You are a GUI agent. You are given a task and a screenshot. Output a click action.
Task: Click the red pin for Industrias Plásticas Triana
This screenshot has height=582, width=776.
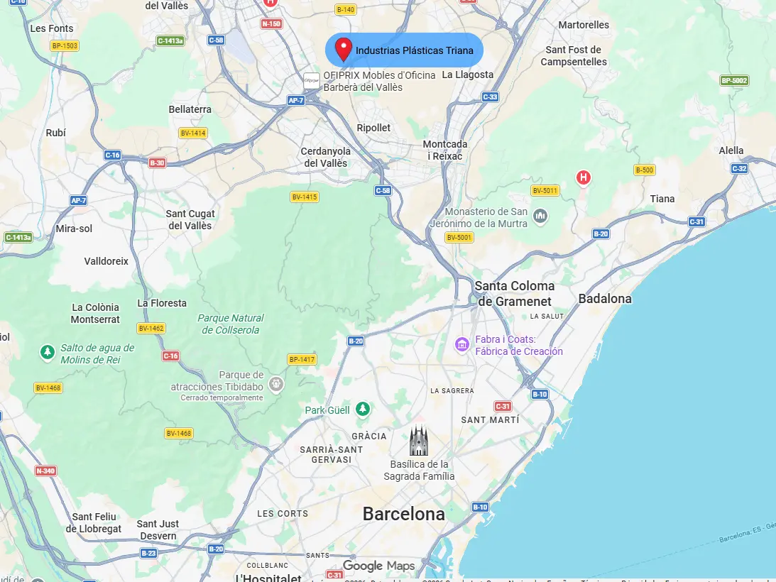click(x=344, y=48)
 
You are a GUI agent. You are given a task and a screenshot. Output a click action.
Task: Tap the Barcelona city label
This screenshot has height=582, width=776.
click(x=403, y=514)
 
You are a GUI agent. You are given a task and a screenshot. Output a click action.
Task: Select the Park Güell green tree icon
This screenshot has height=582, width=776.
click(x=363, y=410)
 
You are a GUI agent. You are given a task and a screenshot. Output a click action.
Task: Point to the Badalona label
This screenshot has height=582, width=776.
click(x=605, y=299)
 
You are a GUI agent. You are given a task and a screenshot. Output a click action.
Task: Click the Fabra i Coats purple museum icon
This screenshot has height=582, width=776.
click(x=462, y=345)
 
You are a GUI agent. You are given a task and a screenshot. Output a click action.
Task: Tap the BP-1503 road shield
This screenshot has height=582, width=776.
click(x=65, y=46)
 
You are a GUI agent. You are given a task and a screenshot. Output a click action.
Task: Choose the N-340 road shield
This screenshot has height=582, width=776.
click(x=45, y=471)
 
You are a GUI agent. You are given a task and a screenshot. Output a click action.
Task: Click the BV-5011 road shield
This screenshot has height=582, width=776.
click(x=545, y=190)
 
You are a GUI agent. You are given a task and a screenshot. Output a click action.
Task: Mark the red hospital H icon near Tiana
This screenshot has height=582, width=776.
click(x=584, y=177)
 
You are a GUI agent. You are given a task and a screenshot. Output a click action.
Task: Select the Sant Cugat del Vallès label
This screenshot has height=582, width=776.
click(x=190, y=219)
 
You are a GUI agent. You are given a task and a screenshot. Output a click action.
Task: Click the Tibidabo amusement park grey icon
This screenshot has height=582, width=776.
click(x=276, y=385)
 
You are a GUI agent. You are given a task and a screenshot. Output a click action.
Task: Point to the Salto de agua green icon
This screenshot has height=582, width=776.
click(x=48, y=351)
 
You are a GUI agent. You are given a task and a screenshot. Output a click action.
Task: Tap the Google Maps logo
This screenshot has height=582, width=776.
click(x=378, y=566)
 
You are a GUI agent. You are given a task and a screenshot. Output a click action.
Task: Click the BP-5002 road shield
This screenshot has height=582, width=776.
click(x=734, y=80)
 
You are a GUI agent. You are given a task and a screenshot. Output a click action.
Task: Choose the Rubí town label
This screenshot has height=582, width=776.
click(x=55, y=133)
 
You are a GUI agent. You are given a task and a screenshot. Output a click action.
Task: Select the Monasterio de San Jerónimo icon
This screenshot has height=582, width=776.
click(x=540, y=215)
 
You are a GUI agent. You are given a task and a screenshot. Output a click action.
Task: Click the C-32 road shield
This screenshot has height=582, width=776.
click(x=739, y=168)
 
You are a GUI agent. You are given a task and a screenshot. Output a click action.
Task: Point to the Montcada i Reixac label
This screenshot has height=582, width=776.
click(x=445, y=150)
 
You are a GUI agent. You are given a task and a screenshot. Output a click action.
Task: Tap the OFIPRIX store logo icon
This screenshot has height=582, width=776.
click(x=311, y=80)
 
